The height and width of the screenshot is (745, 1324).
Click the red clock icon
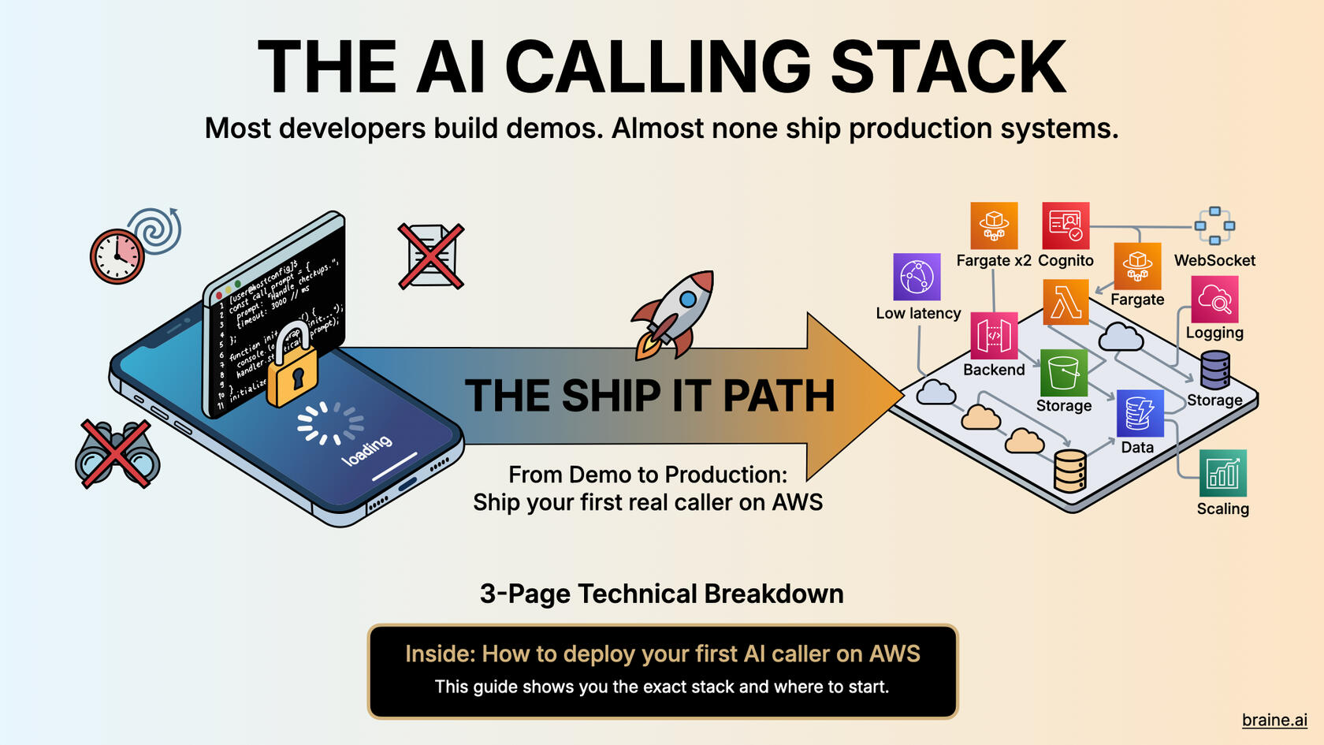(117, 256)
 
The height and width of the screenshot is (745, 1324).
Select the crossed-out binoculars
(117, 455)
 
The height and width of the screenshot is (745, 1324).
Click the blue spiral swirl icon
(156, 229)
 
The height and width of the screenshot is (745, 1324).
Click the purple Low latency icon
(917, 277)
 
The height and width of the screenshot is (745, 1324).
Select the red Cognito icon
(1066, 225)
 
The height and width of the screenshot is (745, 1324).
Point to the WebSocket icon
(1214, 225)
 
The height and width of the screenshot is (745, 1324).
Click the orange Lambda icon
(1066, 302)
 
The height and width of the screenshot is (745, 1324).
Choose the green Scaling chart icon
(1222, 473)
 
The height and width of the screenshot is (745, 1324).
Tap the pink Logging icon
(1214, 299)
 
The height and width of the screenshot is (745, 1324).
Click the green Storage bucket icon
(1063, 373)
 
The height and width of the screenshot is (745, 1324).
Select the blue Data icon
(1140, 413)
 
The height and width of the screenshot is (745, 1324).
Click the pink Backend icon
(994, 335)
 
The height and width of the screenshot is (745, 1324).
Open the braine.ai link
(1274, 720)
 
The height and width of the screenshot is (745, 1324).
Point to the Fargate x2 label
(993, 260)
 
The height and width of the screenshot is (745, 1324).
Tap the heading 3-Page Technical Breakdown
(661, 594)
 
